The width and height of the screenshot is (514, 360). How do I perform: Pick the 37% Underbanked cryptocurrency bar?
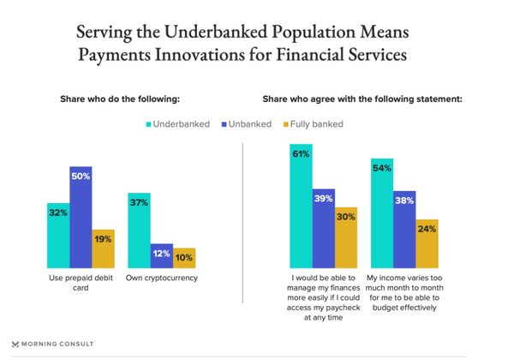[x=139, y=231]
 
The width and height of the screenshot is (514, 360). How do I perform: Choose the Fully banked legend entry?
[x=312, y=124]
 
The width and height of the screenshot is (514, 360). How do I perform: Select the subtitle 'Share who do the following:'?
[x=119, y=99]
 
